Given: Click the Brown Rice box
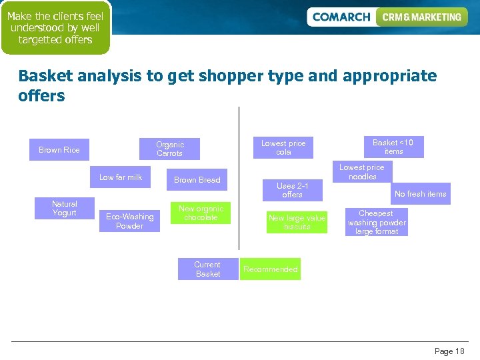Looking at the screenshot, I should (x=59, y=150).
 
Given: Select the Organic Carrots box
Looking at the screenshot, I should (x=169, y=149).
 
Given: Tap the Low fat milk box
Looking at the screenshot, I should (x=121, y=177).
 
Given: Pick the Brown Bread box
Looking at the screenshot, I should (x=197, y=180).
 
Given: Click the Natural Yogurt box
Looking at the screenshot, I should (x=65, y=209).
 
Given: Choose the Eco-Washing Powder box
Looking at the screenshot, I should (x=129, y=221).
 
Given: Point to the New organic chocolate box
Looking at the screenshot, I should (x=201, y=213).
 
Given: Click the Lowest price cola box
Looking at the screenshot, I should (x=283, y=147).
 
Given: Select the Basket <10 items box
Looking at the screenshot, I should (x=393, y=147).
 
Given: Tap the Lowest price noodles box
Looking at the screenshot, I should (x=362, y=172).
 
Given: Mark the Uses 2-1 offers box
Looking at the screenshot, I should (x=292, y=190).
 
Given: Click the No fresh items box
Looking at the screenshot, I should (x=420, y=194).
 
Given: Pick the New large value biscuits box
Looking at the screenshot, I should (x=297, y=222).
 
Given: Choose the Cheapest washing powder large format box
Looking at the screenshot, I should (x=377, y=223).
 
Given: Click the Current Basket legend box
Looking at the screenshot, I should (x=207, y=269).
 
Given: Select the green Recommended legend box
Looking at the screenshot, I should (x=270, y=269).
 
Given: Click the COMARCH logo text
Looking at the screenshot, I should (x=341, y=17).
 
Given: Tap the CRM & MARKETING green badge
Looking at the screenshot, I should (x=421, y=17).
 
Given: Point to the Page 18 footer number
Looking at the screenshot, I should (x=449, y=351).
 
